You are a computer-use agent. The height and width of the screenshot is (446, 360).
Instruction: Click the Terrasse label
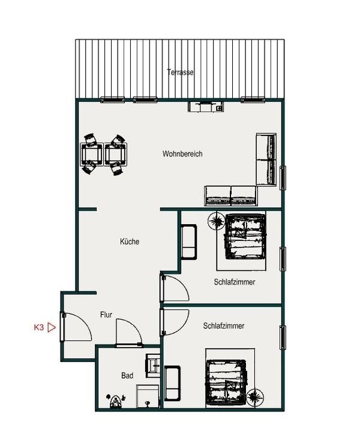(x=181, y=73)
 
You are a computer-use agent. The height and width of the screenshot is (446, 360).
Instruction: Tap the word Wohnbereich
(x=182, y=154)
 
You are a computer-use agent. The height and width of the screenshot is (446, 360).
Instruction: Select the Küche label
(x=130, y=242)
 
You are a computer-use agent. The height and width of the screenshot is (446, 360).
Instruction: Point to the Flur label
(x=106, y=315)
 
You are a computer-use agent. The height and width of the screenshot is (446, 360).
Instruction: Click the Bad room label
(x=127, y=375)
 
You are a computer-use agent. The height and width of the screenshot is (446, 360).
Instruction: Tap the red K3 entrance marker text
(x=39, y=327)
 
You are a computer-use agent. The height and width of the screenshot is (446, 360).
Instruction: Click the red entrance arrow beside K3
(x=52, y=327)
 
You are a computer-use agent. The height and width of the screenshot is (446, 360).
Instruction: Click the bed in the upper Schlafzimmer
(x=245, y=236)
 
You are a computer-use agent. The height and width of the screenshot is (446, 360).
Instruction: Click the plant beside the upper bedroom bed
(x=215, y=221)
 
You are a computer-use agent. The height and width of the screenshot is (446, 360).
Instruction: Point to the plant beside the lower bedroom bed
(x=255, y=397)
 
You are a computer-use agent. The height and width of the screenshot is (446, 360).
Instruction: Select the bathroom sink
(x=154, y=366)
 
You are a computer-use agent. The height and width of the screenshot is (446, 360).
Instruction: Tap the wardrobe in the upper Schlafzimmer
(x=189, y=242)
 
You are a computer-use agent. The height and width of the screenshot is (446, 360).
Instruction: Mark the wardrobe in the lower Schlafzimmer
(x=172, y=383)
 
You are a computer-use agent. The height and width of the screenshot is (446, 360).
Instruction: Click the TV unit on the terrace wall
(x=206, y=106)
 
